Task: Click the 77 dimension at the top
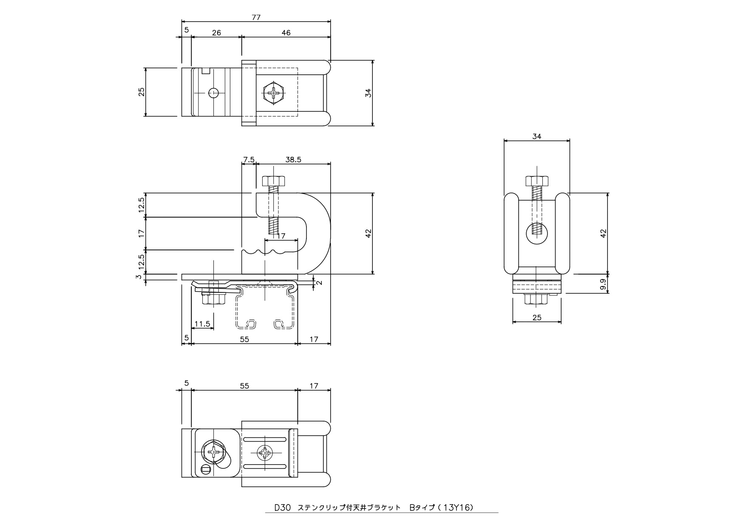[x=256, y=17]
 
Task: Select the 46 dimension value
[x=286, y=33]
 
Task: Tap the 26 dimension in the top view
[x=216, y=33]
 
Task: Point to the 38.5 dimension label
[x=293, y=160]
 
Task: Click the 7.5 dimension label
[x=249, y=160]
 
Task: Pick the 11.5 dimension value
[x=202, y=324]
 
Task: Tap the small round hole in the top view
[x=214, y=92]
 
